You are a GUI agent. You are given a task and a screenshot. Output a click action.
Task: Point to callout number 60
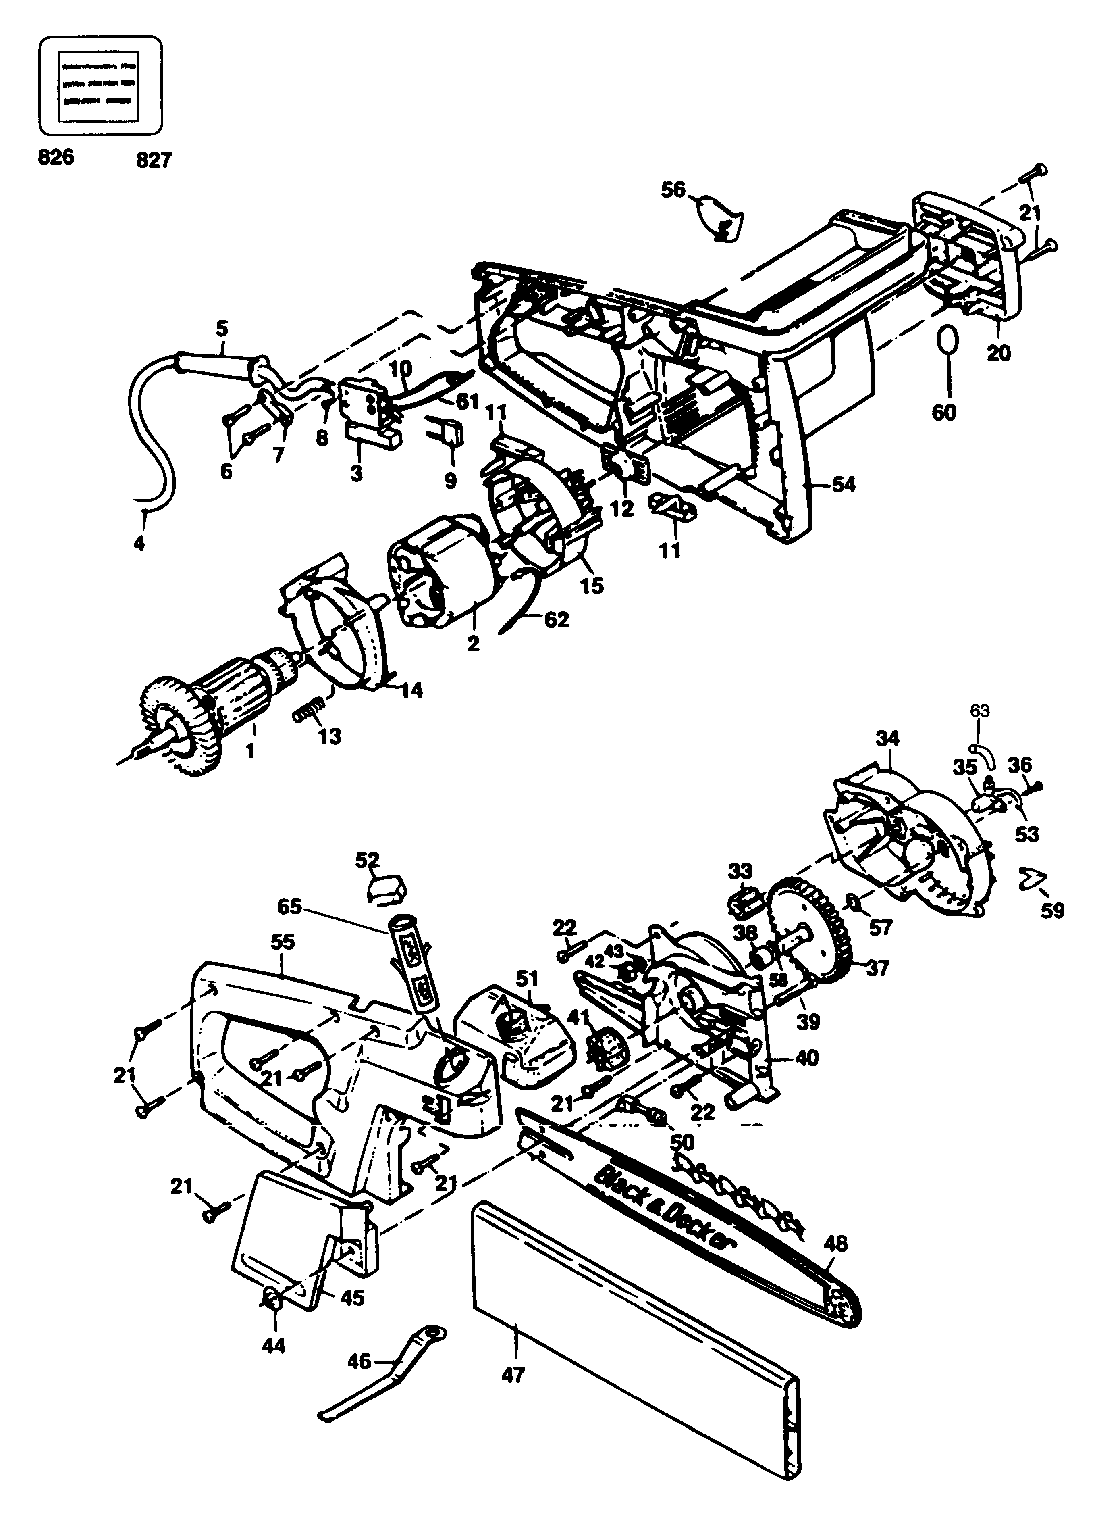(943, 412)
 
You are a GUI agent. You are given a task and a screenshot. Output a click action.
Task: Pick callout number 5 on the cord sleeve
(222, 329)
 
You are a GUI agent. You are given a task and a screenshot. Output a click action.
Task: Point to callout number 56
(673, 191)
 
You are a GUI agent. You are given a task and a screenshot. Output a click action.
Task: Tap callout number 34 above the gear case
(887, 738)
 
